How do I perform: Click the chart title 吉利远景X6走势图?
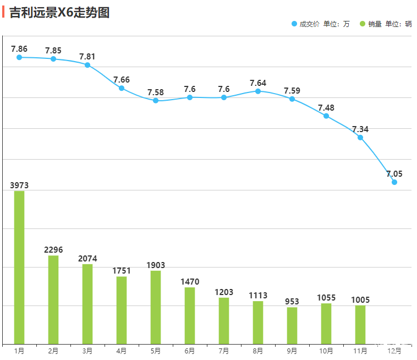coord(59,12)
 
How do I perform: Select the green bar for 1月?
coord(19,268)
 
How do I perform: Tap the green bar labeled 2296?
coord(53,300)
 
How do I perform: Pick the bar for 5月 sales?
coord(156,307)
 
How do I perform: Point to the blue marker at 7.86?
coord(19,57)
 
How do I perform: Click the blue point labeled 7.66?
coord(122,88)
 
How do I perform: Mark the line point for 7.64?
coord(258,91)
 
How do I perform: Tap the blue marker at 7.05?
coord(394,182)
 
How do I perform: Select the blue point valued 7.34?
coord(360,138)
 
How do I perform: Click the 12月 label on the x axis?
coord(394,351)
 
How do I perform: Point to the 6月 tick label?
coord(190,351)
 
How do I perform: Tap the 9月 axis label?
coord(292,351)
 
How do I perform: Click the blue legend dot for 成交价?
coord(294,24)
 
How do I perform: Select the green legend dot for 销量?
coord(363,24)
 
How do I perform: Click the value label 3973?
coord(19,186)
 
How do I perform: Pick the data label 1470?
coord(190,282)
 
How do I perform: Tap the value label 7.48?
coord(326,108)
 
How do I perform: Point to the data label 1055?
coord(326,298)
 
